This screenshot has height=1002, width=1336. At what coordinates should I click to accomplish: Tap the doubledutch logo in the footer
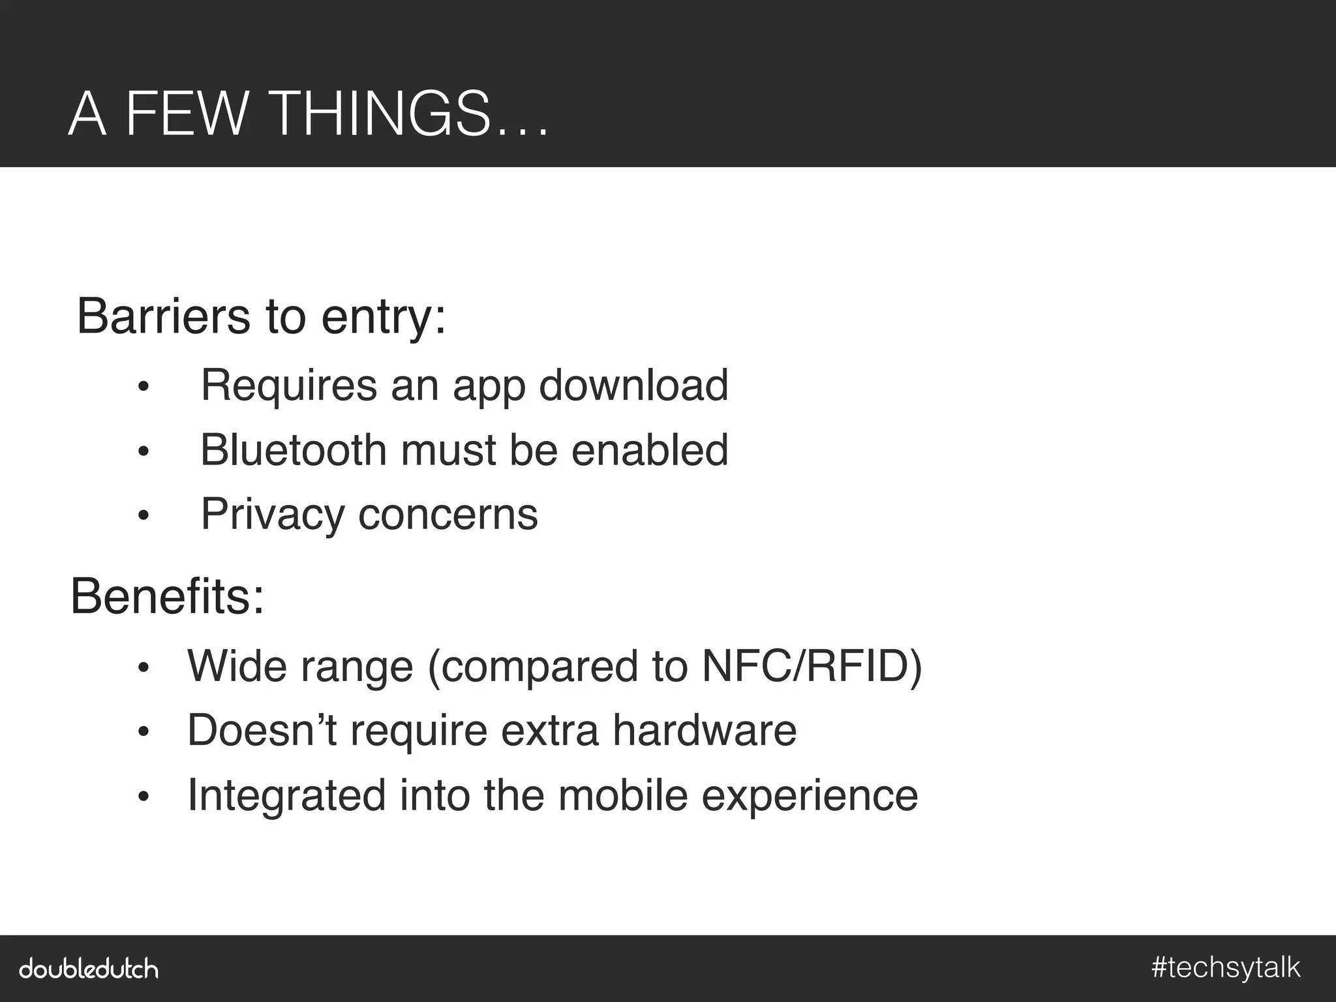click(89, 968)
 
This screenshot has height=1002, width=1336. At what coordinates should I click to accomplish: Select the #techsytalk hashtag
click(1226, 967)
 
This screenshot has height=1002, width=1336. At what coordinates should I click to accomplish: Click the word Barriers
click(163, 316)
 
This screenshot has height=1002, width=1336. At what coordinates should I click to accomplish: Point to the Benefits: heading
click(168, 596)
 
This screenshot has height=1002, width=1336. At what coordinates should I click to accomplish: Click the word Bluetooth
click(294, 450)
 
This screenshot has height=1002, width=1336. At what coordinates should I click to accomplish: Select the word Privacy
click(273, 515)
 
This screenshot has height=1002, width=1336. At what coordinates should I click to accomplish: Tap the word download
click(633, 385)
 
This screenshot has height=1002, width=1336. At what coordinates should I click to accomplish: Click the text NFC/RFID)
click(812, 666)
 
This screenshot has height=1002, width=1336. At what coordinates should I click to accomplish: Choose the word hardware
click(705, 730)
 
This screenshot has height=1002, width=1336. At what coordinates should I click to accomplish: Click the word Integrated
click(287, 795)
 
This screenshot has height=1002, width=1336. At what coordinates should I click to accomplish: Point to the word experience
click(810, 797)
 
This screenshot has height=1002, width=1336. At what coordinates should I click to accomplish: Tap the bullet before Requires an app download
click(144, 387)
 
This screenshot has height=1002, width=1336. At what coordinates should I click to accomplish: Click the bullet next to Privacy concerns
click(144, 517)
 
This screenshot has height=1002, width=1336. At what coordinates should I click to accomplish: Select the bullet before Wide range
click(144, 668)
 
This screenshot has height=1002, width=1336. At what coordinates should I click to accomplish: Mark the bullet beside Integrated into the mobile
click(144, 797)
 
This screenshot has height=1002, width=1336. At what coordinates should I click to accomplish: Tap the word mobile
click(623, 795)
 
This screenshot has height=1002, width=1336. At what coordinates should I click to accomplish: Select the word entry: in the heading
click(384, 318)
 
